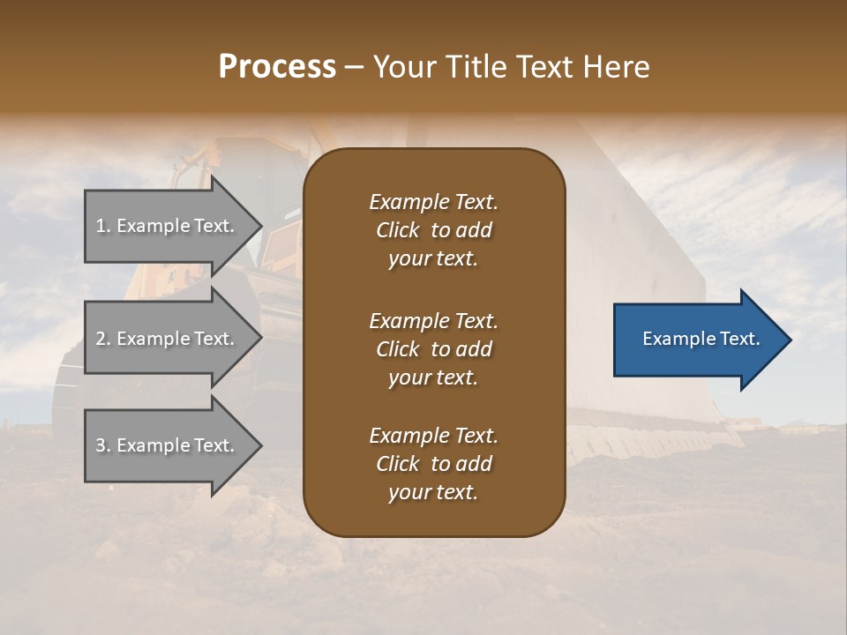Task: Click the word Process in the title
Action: [x=277, y=67]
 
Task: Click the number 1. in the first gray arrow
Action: [x=103, y=226]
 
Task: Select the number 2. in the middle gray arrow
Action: [x=103, y=339]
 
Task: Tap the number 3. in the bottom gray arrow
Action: [x=103, y=445]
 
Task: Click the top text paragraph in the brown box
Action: [x=433, y=229]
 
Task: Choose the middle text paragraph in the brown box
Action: [x=433, y=348]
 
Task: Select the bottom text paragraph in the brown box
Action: [x=433, y=463]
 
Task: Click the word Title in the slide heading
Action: [x=478, y=67]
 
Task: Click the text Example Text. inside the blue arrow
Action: [x=701, y=339]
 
